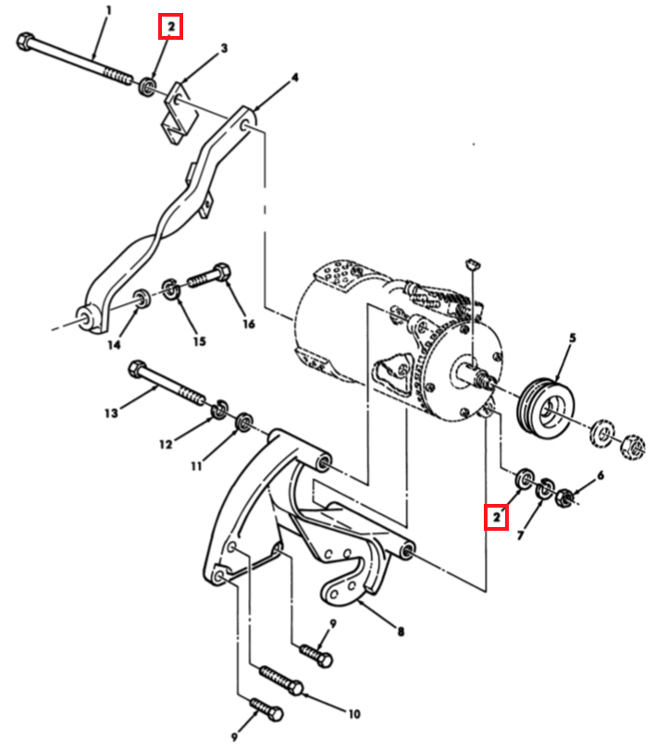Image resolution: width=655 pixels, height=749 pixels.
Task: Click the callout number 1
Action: tap(109, 10)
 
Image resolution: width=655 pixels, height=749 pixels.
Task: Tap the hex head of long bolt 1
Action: tap(24, 41)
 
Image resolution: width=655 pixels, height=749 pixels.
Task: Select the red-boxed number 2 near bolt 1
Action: tap(170, 27)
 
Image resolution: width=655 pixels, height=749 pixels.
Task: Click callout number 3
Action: tap(224, 48)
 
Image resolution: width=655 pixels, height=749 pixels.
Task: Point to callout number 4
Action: tap(295, 77)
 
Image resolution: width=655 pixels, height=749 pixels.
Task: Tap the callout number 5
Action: tap(573, 338)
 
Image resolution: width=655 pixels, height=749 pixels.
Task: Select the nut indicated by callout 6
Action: tap(564, 498)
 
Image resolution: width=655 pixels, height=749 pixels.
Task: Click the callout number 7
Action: tap(521, 535)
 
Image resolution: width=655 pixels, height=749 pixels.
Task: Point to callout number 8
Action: tap(401, 632)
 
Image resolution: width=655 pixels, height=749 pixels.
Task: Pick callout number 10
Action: tap(353, 714)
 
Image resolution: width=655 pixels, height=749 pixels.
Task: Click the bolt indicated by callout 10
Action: tap(281, 680)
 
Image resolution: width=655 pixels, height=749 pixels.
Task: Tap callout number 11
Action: tap(196, 465)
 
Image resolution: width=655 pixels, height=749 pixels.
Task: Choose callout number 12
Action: tap(166, 444)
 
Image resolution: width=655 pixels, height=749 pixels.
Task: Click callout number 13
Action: tap(111, 412)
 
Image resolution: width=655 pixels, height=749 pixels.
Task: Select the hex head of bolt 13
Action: tap(137, 369)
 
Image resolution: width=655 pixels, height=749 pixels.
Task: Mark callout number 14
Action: tap(114, 344)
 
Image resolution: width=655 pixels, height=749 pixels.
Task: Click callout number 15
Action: tap(199, 341)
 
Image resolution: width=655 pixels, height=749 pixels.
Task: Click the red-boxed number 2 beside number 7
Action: tap(497, 516)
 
